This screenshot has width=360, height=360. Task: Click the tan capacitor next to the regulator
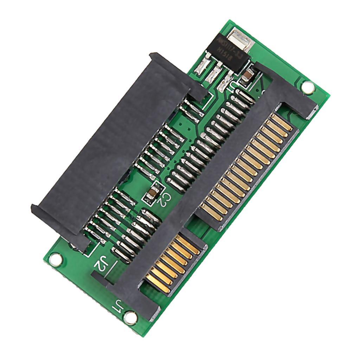tap(248, 76)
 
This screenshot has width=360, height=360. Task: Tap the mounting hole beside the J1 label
tap(130, 318)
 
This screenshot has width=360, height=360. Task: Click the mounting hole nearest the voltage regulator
tap(308, 87)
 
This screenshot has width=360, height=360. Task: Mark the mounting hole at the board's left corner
tap(55, 260)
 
